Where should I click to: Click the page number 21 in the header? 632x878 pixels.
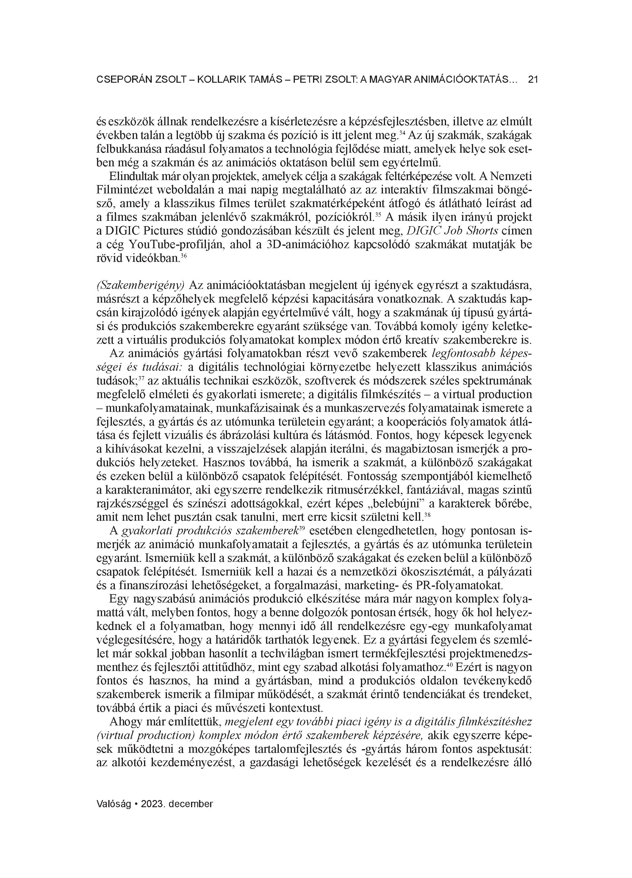tap(533, 80)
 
